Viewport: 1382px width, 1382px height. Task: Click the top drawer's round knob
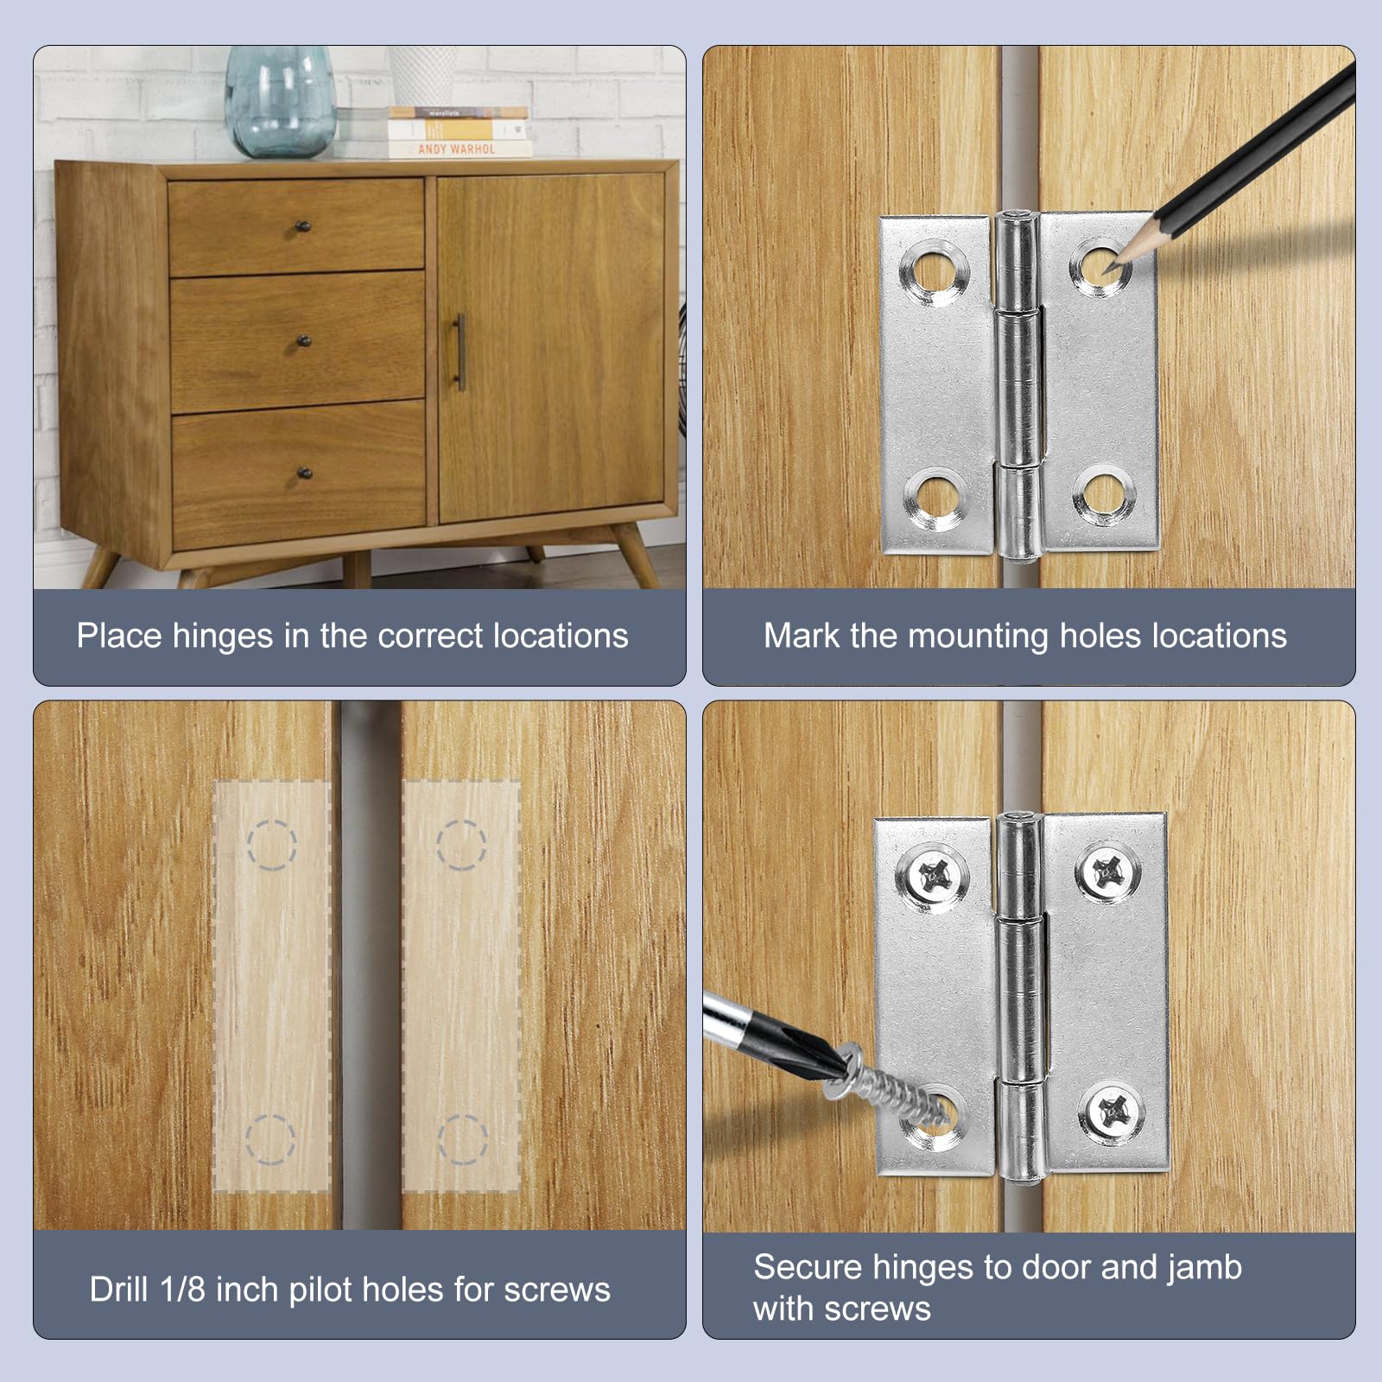coord(303,227)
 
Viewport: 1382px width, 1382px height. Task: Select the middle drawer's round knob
coord(304,341)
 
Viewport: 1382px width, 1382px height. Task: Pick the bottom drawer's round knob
coord(304,472)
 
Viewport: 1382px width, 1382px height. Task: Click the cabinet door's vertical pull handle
coord(460,352)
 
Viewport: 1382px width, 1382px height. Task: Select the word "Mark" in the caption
coord(802,636)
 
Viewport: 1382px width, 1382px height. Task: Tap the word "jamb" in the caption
coord(1204,1268)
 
